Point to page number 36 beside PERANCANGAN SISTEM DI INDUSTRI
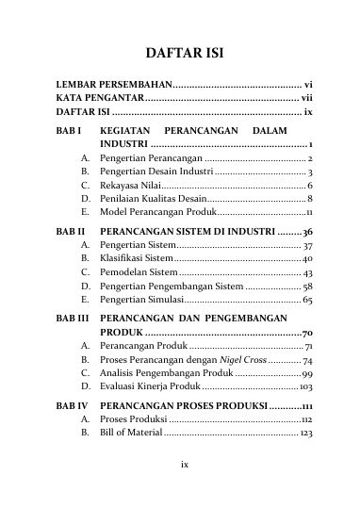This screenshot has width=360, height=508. pos(307,230)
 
